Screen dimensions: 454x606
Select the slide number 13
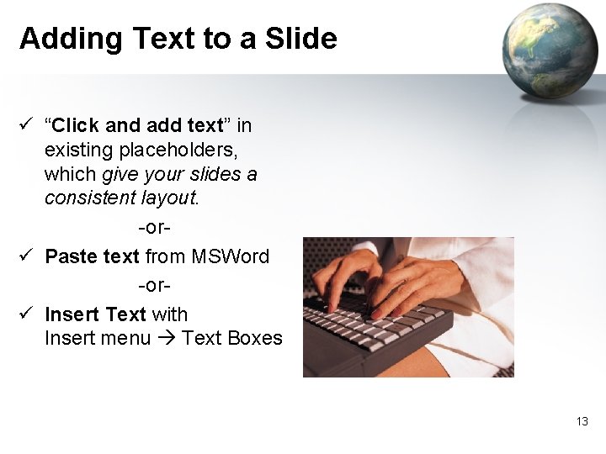(x=582, y=421)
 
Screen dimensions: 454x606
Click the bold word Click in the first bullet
(x=78, y=126)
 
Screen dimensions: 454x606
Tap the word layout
(x=169, y=198)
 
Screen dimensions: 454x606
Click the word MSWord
(x=231, y=256)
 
